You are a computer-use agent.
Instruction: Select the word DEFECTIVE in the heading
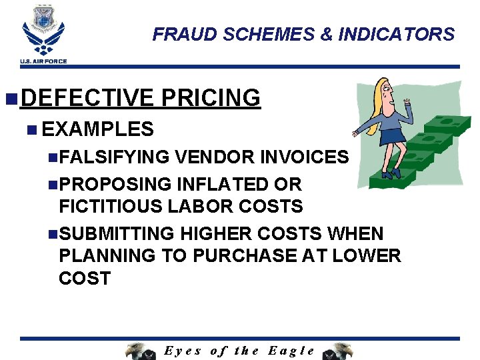tap(87, 98)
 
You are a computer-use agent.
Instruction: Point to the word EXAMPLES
tap(97, 129)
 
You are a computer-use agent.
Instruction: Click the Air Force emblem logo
tap(43, 29)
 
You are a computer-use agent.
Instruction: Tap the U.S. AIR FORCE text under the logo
tap(43, 62)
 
